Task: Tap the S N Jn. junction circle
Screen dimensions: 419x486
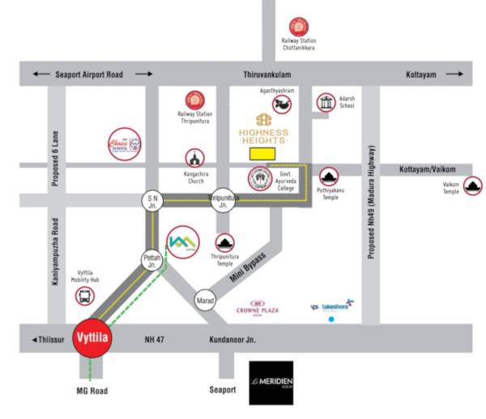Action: pos(151,200)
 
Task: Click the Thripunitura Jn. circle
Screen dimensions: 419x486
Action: pos(223,199)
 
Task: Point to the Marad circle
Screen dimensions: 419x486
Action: pos(206,302)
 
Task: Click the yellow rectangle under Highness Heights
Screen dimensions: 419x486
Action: pos(262,152)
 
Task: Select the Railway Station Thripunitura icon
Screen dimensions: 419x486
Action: pos(194,100)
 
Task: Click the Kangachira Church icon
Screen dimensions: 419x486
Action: pos(194,157)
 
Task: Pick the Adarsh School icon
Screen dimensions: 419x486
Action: pos(326,103)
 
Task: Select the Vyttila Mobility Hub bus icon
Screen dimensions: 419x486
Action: pos(83,297)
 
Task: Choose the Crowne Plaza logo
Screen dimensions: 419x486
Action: pos(258,306)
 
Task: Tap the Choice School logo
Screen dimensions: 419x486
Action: pos(125,146)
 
